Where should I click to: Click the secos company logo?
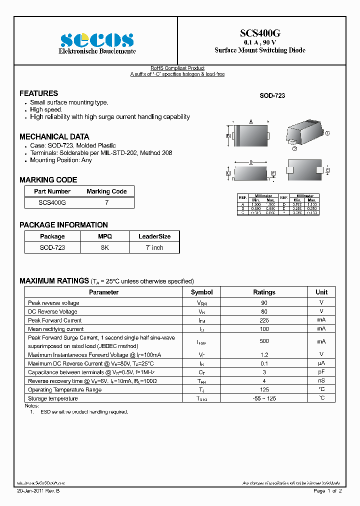tap(97, 39)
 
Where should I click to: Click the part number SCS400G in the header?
tap(260, 33)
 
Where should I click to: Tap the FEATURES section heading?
tap(38, 93)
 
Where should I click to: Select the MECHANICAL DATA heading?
tap(54, 136)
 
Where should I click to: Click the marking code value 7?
tap(106, 203)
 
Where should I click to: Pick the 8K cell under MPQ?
tap(105, 247)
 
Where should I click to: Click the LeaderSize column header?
tap(154, 236)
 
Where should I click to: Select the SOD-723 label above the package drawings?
tap(272, 95)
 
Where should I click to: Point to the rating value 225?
tap(264, 320)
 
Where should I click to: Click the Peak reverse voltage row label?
tap(53, 303)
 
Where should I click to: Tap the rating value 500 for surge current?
tap(264, 341)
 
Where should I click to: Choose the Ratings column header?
tap(264, 292)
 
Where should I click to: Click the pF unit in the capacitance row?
tap(321, 372)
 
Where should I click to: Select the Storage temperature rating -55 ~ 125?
tap(264, 398)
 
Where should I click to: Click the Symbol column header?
tap(201, 292)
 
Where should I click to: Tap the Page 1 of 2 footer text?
tap(327, 491)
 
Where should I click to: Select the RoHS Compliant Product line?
tap(177, 68)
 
